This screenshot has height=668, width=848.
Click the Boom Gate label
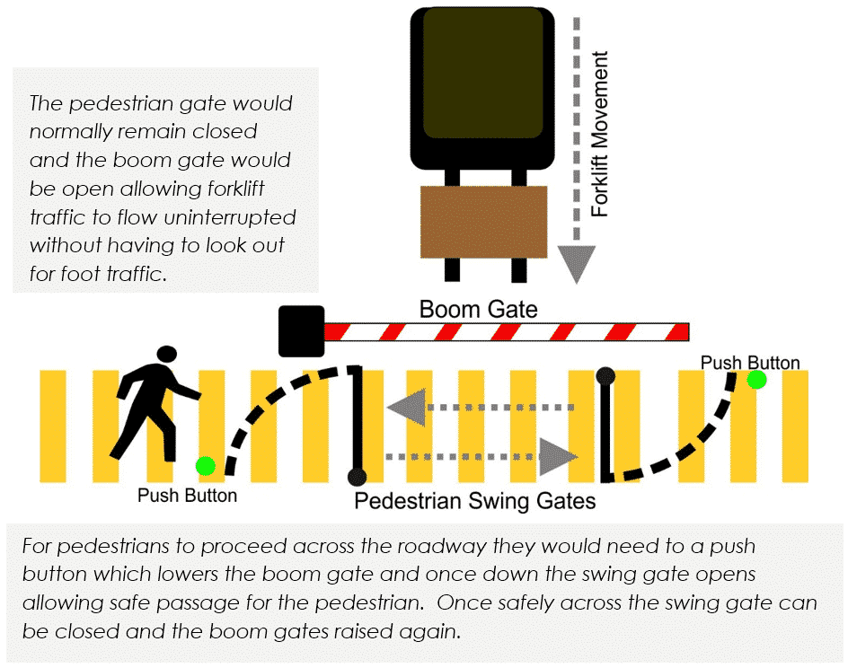[479, 309]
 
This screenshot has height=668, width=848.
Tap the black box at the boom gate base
[301, 331]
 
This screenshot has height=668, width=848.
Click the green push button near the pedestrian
[206, 466]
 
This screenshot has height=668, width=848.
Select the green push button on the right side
[756, 380]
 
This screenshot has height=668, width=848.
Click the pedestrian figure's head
[167, 355]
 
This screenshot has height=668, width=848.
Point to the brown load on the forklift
[484, 222]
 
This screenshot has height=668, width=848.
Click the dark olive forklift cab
[483, 73]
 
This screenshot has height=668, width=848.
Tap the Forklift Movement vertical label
[600, 134]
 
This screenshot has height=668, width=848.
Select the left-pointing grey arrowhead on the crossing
[407, 408]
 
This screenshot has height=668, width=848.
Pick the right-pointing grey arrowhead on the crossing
[558, 457]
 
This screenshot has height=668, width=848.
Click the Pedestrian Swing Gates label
[475, 501]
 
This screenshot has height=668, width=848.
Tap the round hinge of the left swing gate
[357, 477]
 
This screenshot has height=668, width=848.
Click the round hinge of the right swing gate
[605, 375]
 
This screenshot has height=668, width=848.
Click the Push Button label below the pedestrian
[187, 496]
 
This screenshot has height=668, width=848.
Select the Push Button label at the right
[750, 363]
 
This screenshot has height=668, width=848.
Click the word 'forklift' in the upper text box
[228, 189]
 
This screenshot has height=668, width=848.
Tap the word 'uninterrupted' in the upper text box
[230, 217]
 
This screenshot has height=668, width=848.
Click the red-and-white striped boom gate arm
[507, 332]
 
